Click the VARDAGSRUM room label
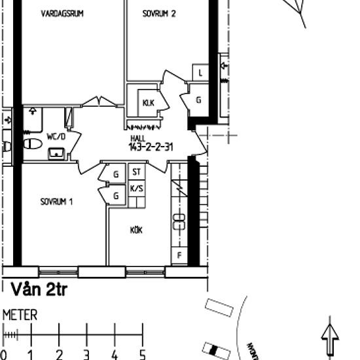(62, 13)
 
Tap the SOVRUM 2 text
(159, 13)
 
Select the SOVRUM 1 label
(56, 202)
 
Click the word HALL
(138, 139)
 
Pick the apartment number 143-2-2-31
(151, 147)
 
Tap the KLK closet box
(148, 102)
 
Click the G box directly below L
(199, 100)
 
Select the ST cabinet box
(136, 173)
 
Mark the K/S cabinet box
(137, 189)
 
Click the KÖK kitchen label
(136, 230)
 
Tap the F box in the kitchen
(179, 255)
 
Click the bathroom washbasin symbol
(57, 154)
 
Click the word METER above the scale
(20, 315)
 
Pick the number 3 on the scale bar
(86, 355)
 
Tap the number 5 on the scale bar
(142, 355)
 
